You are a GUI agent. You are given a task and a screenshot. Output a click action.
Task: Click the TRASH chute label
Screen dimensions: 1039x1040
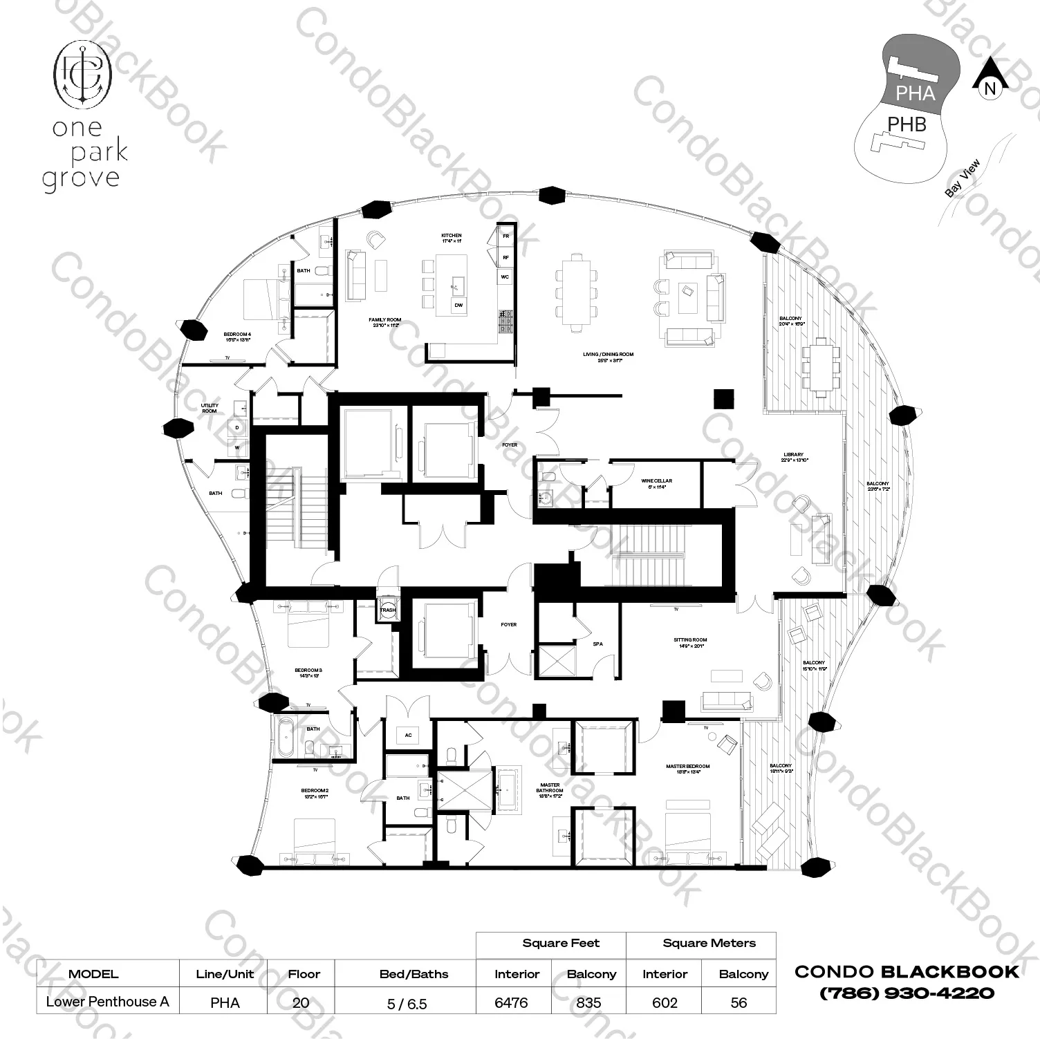388,610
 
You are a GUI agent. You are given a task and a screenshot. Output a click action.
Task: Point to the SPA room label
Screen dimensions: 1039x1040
597,644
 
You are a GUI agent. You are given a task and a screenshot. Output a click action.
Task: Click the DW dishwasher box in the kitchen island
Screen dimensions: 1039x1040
458,305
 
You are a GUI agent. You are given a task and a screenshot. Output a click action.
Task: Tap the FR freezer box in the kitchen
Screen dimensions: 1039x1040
505,236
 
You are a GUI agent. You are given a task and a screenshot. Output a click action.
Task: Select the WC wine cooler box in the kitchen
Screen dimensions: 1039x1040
505,277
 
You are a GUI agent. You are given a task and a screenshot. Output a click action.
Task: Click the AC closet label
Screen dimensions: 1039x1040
408,735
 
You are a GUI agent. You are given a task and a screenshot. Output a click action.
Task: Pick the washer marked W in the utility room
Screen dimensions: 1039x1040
237,448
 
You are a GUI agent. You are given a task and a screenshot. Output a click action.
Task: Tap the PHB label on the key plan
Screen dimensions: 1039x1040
907,124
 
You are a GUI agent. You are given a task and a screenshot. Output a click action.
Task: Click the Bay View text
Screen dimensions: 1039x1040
962,179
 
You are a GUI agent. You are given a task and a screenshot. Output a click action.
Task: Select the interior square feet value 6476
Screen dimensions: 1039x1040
511,1002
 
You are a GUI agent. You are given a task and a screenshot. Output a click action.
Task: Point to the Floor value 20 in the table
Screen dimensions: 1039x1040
301,1002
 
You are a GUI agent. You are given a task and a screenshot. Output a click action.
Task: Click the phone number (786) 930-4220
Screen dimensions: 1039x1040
907,993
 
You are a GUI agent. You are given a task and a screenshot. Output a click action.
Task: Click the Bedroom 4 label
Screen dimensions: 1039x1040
236,337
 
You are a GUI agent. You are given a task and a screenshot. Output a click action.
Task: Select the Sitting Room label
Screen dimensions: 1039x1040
689,643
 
